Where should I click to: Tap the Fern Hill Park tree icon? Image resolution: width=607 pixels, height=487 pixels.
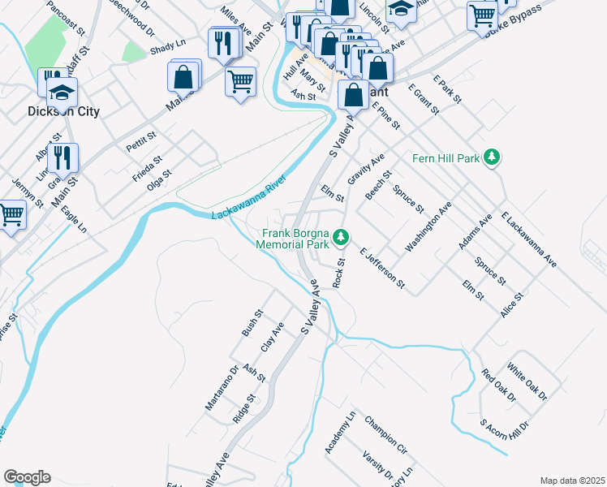coord(490,156)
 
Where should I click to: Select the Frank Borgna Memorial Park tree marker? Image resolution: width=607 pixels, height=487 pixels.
coord(342,237)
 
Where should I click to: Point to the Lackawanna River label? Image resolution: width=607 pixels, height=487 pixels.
coord(251,203)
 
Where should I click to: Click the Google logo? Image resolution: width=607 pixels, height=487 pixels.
coord(27,476)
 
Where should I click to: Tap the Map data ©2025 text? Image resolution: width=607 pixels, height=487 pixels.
coord(572,480)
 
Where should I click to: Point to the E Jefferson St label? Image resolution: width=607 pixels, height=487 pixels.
coord(381,267)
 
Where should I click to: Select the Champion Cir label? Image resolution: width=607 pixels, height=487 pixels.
coord(385,435)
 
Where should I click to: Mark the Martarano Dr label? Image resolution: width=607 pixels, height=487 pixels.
coord(222,387)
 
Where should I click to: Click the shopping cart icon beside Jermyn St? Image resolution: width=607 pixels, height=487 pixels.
coord(11,215)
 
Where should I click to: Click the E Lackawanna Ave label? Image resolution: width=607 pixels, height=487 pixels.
coord(529,240)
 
